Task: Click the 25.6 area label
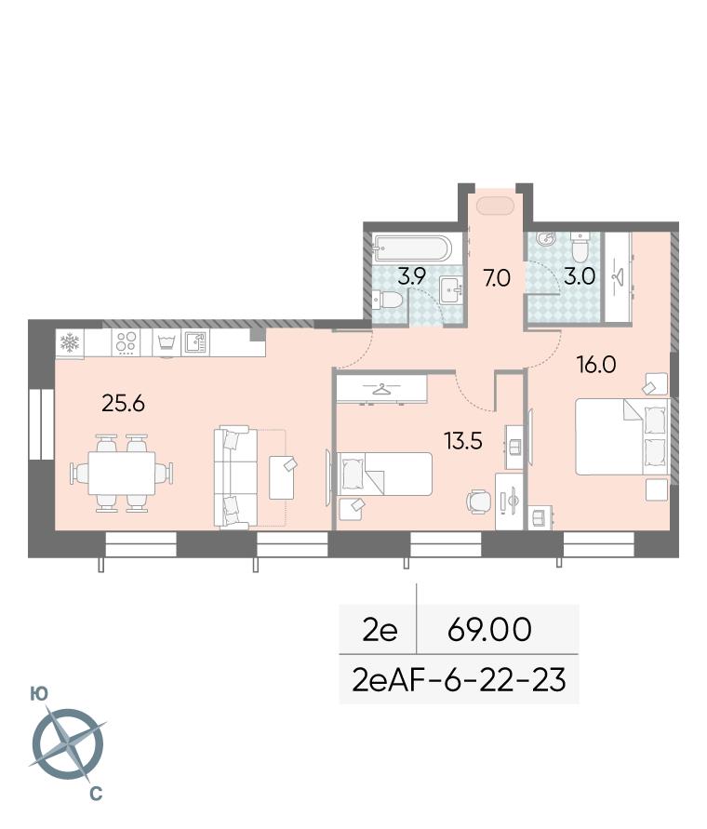click(x=123, y=404)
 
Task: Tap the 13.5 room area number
click(x=464, y=440)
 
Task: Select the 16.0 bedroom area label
click(x=597, y=365)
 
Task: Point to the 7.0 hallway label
click(x=497, y=278)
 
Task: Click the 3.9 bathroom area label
click(x=412, y=276)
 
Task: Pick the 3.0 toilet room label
click(x=580, y=276)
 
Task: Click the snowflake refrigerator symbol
click(x=69, y=343)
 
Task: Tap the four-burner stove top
click(x=126, y=342)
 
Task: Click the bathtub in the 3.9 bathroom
click(x=412, y=248)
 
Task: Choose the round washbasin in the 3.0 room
click(x=544, y=239)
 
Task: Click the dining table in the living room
click(x=122, y=473)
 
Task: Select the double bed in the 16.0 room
click(x=621, y=436)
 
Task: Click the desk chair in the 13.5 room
click(x=479, y=501)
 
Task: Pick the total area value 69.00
click(x=489, y=629)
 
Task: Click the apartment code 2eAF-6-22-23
click(x=459, y=680)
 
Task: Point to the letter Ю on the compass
click(x=39, y=694)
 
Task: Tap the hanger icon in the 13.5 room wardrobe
click(x=380, y=390)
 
